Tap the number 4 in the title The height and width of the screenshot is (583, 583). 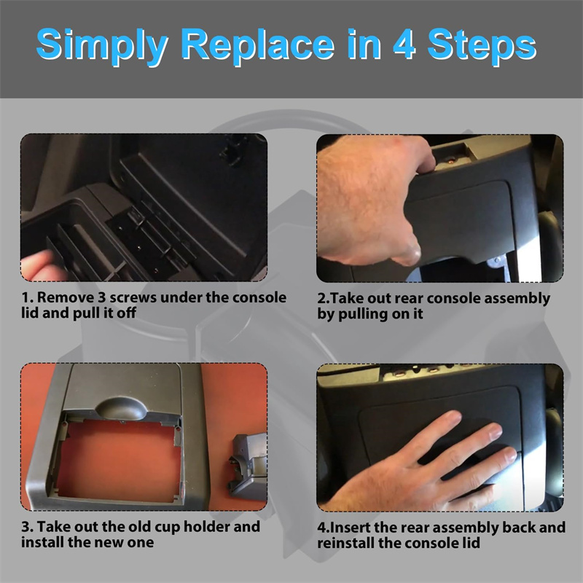(404, 44)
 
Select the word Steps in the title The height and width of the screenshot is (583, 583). (482, 47)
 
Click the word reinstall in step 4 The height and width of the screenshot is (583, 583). (345, 543)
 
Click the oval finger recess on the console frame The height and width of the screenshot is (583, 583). (121, 408)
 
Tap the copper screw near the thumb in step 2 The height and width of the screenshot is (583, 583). (450, 161)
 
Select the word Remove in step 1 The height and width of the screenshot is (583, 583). (66, 297)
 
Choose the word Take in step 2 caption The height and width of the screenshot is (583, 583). (344, 298)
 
